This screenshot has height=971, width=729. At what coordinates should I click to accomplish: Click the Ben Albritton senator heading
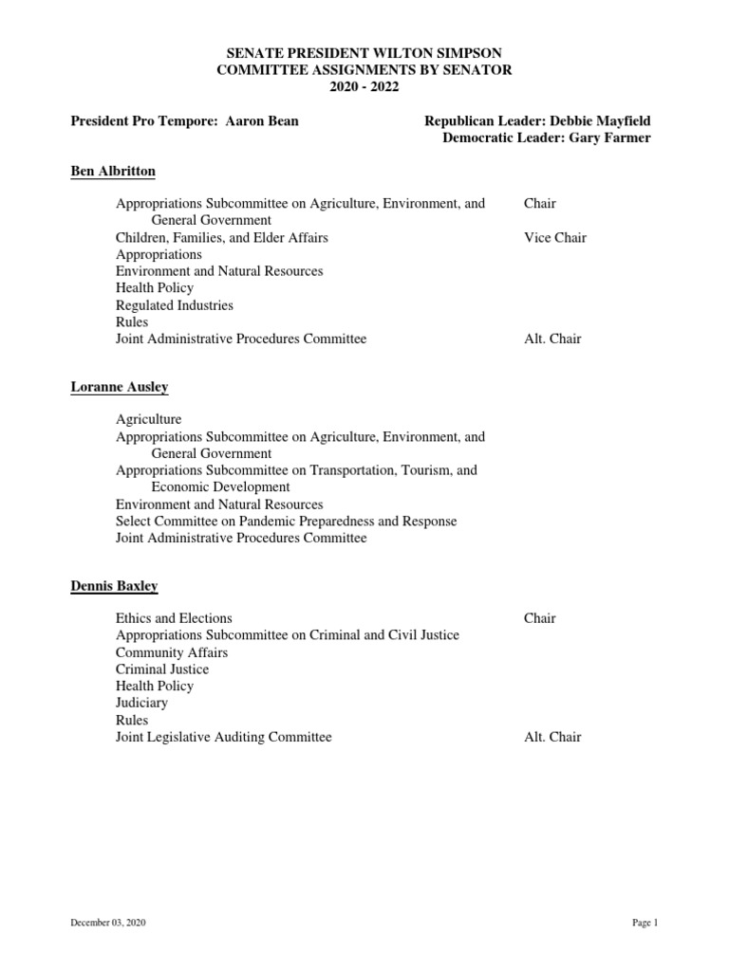pyautogui.click(x=113, y=172)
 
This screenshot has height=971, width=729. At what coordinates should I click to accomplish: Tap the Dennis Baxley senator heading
pyautogui.click(x=114, y=586)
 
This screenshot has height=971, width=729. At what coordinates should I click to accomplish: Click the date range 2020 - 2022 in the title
pyautogui.click(x=364, y=87)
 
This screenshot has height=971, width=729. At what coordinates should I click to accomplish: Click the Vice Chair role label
pyautogui.click(x=554, y=237)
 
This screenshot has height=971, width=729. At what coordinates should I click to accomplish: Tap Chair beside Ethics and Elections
pyautogui.click(x=539, y=618)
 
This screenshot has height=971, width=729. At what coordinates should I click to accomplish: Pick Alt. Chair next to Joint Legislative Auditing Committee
pyautogui.click(x=552, y=737)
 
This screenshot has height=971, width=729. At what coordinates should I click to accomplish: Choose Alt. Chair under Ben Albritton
pyautogui.click(x=552, y=339)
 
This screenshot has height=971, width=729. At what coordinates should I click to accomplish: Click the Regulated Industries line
pyautogui.click(x=174, y=305)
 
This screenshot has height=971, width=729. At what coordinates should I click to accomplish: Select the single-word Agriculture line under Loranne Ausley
pyautogui.click(x=148, y=419)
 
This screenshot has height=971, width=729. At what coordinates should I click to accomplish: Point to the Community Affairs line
pyautogui.click(x=172, y=652)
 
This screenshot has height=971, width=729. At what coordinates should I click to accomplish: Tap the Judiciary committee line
pyautogui.click(x=141, y=703)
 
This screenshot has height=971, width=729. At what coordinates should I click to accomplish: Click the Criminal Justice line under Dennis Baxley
pyautogui.click(x=162, y=669)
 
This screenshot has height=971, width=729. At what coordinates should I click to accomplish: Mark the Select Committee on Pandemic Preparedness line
pyautogui.click(x=286, y=522)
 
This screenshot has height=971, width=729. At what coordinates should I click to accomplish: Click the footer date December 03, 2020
pyautogui.click(x=108, y=923)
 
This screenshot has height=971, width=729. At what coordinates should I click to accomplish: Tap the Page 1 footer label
pyautogui.click(x=645, y=923)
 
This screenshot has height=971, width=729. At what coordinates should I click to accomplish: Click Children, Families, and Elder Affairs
pyautogui.click(x=222, y=237)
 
